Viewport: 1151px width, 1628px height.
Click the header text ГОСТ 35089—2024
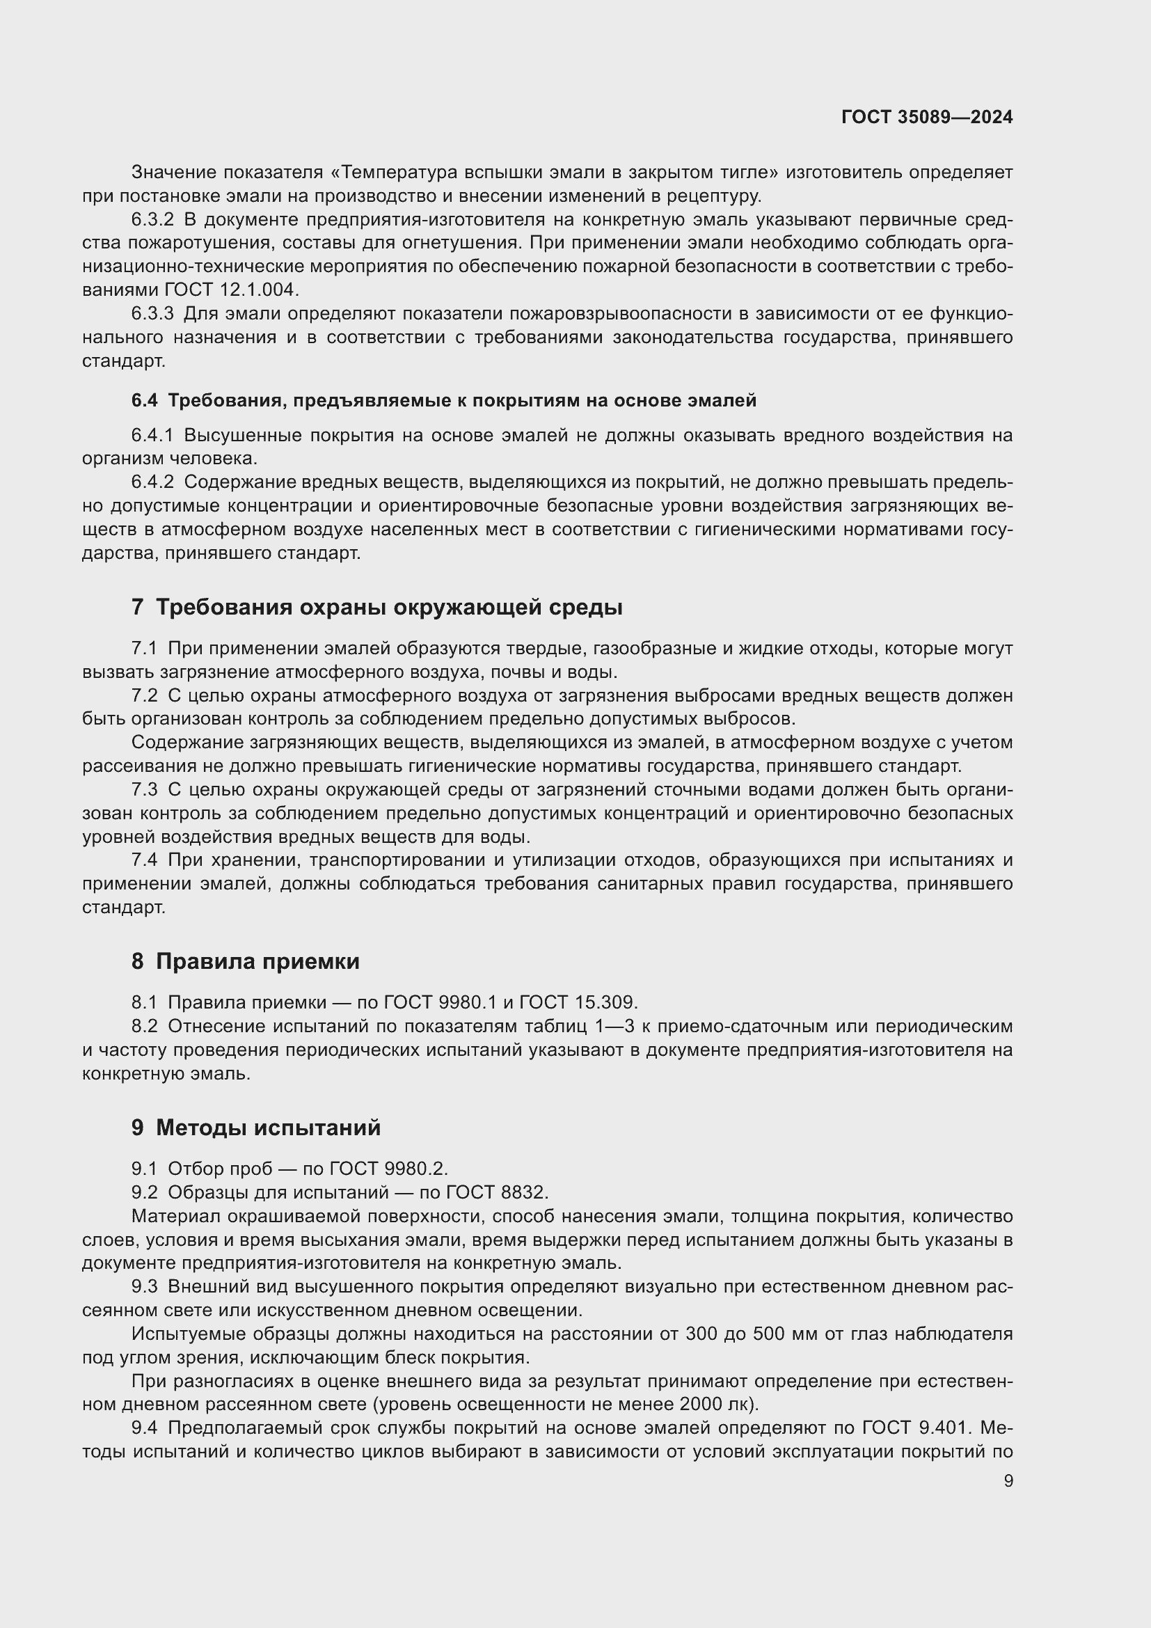click(x=926, y=117)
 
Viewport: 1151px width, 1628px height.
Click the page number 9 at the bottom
click(x=1008, y=1481)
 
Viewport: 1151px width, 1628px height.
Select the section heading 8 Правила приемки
click(x=245, y=961)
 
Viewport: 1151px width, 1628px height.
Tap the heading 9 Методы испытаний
click(x=256, y=1128)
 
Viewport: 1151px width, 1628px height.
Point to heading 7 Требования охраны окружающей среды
click(x=377, y=607)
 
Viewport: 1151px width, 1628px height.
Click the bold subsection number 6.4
click(x=144, y=401)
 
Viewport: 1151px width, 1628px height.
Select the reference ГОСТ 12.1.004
click(x=232, y=290)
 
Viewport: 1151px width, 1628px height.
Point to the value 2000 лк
click(x=717, y=1404)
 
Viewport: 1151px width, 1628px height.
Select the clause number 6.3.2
click(x=152, y=219)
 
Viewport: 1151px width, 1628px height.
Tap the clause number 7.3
click(x=144, y=789)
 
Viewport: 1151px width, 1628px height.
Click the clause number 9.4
click(x=144, y=1428)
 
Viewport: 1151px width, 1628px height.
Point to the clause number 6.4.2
click(x=152, y=482)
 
